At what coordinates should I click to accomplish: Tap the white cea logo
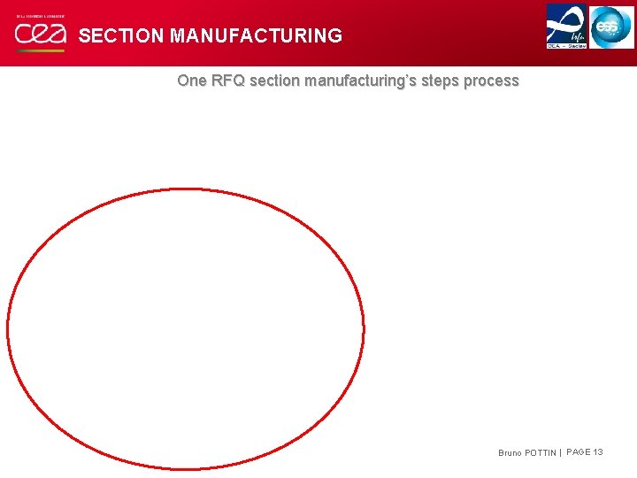40,35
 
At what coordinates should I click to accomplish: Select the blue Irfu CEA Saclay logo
566,24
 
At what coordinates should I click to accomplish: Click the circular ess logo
612,27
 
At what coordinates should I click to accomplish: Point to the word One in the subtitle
191,81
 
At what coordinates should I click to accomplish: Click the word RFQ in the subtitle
227,81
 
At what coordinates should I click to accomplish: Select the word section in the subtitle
274,81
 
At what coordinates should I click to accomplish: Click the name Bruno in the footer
510,453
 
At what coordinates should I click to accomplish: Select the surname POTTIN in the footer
541,453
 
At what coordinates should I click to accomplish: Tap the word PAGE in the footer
579,452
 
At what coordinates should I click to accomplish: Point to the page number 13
599,452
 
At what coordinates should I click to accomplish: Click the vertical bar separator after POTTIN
560,453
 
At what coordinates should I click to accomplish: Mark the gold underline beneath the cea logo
40,50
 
